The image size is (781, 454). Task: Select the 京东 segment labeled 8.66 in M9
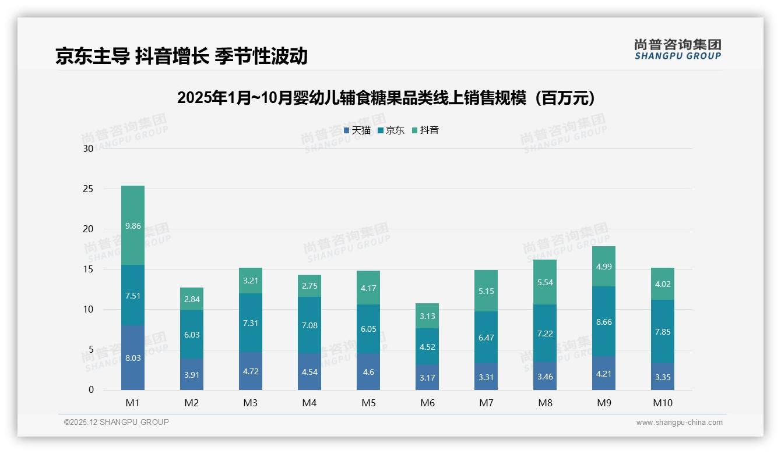click(604, 321)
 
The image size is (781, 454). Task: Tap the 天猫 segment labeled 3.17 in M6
click(428, 377)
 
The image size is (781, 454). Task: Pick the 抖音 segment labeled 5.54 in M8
click(546, 282)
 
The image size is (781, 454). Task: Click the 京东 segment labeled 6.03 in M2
click(192, 335)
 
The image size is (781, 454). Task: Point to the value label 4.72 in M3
click(251, 371)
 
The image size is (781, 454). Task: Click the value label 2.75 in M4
click(309, 286)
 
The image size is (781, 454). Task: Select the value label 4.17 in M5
click(368, 288)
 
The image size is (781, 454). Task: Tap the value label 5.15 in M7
click(486, 290)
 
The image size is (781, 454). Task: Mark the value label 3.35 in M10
click(663, 377)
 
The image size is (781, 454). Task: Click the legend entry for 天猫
click(357, 130)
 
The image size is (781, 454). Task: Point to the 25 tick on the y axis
click(88, 189)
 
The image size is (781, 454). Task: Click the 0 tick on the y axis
click(91, 390)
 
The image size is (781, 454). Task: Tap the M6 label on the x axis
click(428, 403)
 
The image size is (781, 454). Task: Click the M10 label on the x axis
click(663, 403)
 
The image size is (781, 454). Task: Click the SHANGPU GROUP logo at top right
click(677, 49)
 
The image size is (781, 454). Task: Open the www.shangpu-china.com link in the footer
click(679, 423)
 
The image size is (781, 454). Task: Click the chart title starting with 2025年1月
click(386, 98)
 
